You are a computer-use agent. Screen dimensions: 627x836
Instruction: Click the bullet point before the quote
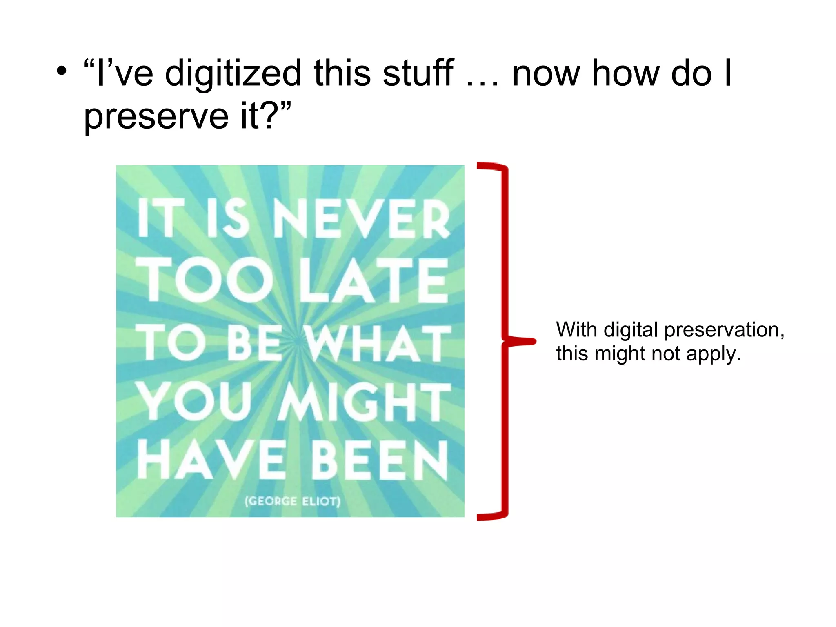(61, 73)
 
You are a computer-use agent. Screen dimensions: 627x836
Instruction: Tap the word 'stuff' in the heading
(418, 73)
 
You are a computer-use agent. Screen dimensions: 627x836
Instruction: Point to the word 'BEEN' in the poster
(380, 460)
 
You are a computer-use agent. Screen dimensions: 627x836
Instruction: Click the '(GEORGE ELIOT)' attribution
(292, 501)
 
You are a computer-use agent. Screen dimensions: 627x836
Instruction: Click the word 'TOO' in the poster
(204, 281)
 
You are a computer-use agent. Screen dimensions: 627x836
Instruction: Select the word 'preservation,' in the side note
(724, 330)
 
